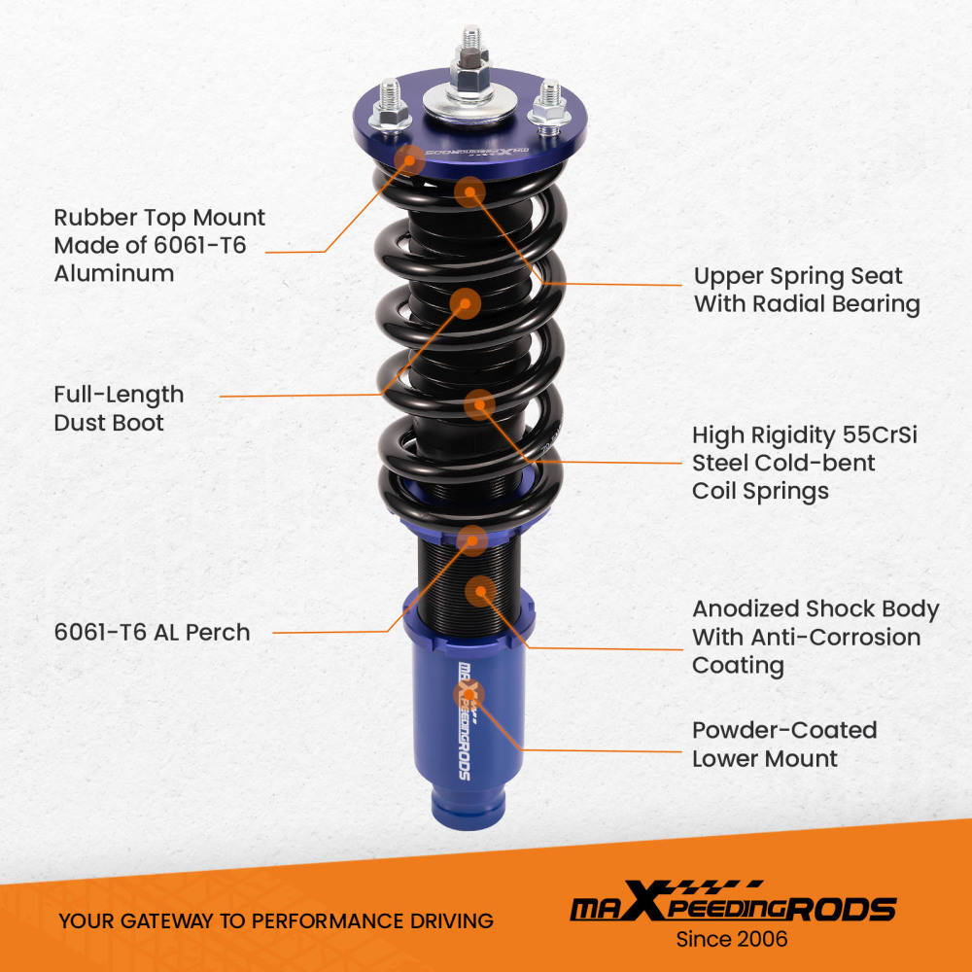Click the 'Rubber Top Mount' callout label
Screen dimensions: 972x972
coord(158,218)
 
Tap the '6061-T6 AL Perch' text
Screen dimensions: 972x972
coord(152,632)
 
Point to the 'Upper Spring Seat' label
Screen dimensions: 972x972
coord(797,276)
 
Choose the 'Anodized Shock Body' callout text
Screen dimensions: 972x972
coord(815,609)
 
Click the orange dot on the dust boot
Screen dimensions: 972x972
coord(466,303)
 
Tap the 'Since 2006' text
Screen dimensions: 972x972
coord(732,939)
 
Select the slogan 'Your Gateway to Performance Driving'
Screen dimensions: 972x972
coord(275,920)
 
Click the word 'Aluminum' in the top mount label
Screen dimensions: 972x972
coord(114,273)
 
